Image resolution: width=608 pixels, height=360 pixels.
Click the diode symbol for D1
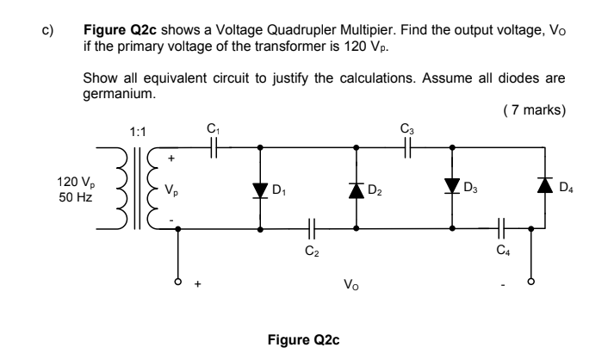(x=261, y=189)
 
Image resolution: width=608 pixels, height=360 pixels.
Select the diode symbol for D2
(x=357, y=189)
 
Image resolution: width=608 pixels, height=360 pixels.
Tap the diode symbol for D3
(x=452, y=188)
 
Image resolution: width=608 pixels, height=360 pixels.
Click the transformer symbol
(x=137, y=189)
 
